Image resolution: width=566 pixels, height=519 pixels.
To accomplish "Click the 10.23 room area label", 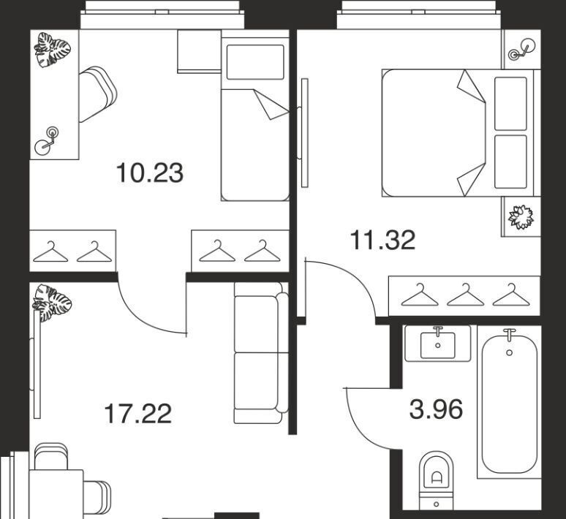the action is (x=150, y=173).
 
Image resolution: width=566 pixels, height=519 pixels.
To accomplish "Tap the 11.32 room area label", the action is (x=382, y=240).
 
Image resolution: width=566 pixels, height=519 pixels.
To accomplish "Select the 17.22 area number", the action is (x=137, y=414).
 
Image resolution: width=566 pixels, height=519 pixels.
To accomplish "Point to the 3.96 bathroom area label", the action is (x=436, y=409).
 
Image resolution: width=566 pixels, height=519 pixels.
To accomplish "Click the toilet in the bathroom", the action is (x=436, y=480).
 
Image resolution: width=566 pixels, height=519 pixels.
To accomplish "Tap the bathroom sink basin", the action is (x=438, y=346).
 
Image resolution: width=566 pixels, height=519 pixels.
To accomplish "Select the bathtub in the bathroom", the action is (x=509, y=403).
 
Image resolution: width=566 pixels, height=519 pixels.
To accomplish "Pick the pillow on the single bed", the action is (x=255, y=61).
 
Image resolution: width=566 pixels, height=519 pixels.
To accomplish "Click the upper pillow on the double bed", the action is (x=510, y=104).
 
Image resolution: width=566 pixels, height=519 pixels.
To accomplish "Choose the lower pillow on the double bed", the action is (x=510, y=162).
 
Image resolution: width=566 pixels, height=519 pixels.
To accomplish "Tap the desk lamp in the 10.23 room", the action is (x=47, y=141).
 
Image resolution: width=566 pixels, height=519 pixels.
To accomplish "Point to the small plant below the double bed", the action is (x=521, y=217).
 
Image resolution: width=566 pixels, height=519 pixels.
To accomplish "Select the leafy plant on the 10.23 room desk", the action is (x=53, y=50).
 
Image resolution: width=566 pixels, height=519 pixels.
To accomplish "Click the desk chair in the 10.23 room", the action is (x=97, y=94).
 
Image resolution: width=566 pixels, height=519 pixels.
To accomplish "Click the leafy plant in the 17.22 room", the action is (x=52, y=303).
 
